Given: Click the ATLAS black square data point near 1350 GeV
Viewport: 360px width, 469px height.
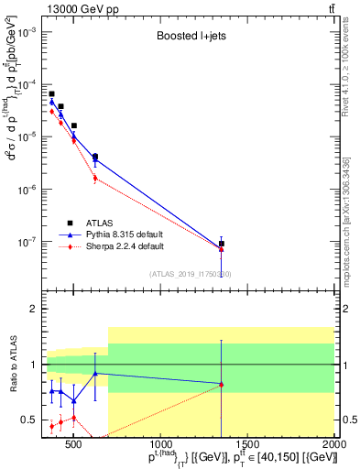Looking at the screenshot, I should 221,244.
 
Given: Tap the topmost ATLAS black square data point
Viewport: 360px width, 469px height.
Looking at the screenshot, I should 52,93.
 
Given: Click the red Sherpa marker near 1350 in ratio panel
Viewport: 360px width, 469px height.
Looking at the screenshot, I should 221,385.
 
